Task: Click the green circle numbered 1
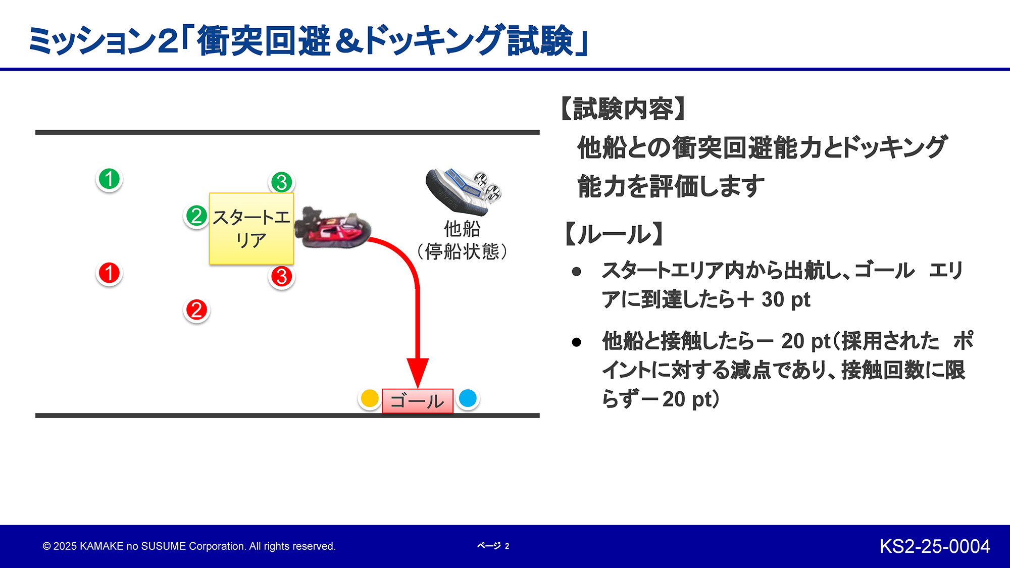pyautogui.click(x=109, y=179)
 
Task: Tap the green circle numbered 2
pyautogui.click(x=196, y=216)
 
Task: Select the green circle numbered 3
pyautogui.click(x=282, y=182)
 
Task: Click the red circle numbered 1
pyautogui.click(x=109, y=273)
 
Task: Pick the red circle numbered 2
pyautogui.click(x=196, y=310)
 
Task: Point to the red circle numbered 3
pyautogui.click(x=282, y=277)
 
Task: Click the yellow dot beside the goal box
pyautogui.click(x=370, y=398)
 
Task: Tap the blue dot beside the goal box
pyautogui.click(x=468, y=398)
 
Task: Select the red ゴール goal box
pyautogui.click(x=417, y=401)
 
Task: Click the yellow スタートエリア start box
pyautogui.click(x=251, y=229)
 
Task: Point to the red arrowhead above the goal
pyautogui.click(x=418, y=372)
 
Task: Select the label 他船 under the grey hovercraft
pyautogui.click(x=462, y=229)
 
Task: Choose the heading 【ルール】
pyautogui.click(x=614, y=234)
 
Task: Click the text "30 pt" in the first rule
pyautogui.click(x=785, y=300)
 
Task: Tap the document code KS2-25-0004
pyautogui.click(x=934, y=546)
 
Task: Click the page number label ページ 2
pyautogui.click(x=493, y=546)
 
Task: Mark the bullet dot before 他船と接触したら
pyautogui.click(x=577, y=342)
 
